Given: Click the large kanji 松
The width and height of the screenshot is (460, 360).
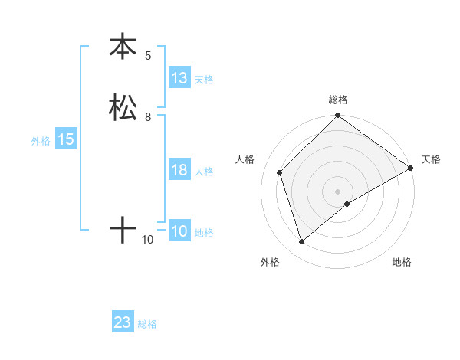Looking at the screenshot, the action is [x=123, y=107].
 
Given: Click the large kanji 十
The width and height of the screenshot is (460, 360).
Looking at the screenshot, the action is [x=123, y=230].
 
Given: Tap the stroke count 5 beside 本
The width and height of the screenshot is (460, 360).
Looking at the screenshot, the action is [x=148, y=56].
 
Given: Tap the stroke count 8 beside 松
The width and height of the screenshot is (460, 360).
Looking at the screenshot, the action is [x=148, y=117].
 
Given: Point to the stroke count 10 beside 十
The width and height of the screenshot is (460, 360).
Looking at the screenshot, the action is [x=148, y=240].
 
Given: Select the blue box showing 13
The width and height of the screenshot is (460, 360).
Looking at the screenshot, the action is [x=179, y=78].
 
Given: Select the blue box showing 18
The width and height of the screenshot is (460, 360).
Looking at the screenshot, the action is [x=179, y=170].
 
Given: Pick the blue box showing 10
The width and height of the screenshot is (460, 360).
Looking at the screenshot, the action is [x=179, y=231].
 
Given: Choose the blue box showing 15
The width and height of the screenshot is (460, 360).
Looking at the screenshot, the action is [x=66, y=139].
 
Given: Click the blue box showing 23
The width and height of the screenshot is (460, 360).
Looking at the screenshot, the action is [x=123, y=323].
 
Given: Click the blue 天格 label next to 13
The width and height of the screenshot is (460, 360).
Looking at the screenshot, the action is [x=204, y=80].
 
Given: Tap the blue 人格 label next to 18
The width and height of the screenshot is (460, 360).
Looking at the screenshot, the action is [x=204, y=172].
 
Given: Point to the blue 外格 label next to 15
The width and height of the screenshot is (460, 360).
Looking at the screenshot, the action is [x=41, y=141].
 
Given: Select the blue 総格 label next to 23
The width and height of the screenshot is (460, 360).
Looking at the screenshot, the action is [x=147, y=325].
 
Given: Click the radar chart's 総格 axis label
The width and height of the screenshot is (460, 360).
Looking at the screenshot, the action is [x=338, y=100].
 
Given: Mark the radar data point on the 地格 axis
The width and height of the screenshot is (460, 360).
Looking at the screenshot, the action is [x=347, y=204].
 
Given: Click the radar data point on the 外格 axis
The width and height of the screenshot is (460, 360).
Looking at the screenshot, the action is [x=302, y=242].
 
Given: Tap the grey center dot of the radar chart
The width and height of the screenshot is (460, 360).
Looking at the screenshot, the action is [x=338, y=191].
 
